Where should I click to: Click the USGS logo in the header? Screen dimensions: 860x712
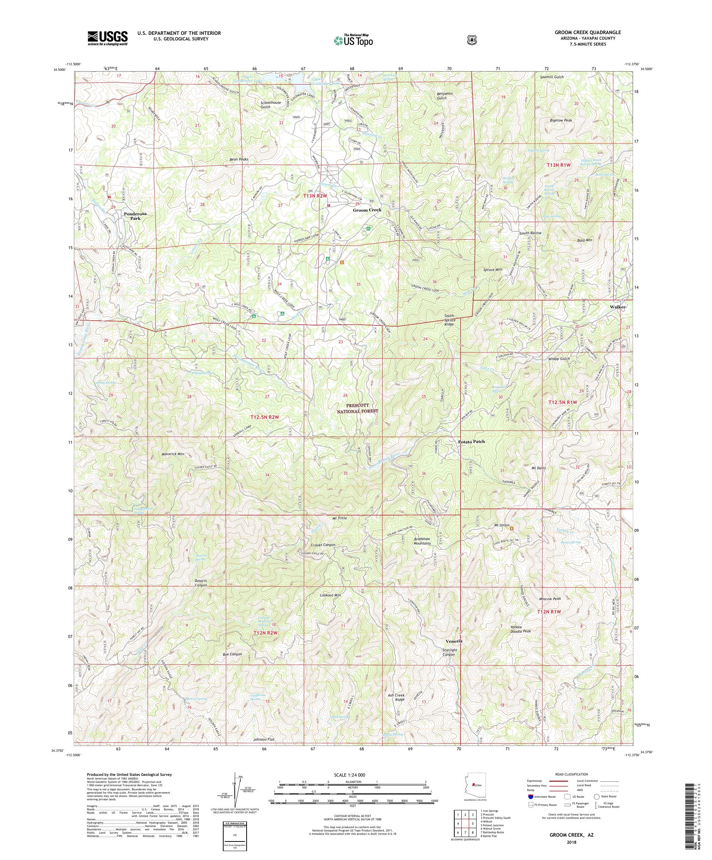107,39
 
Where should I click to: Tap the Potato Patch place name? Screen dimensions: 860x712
471,441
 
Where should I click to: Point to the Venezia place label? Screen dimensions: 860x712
454,641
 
